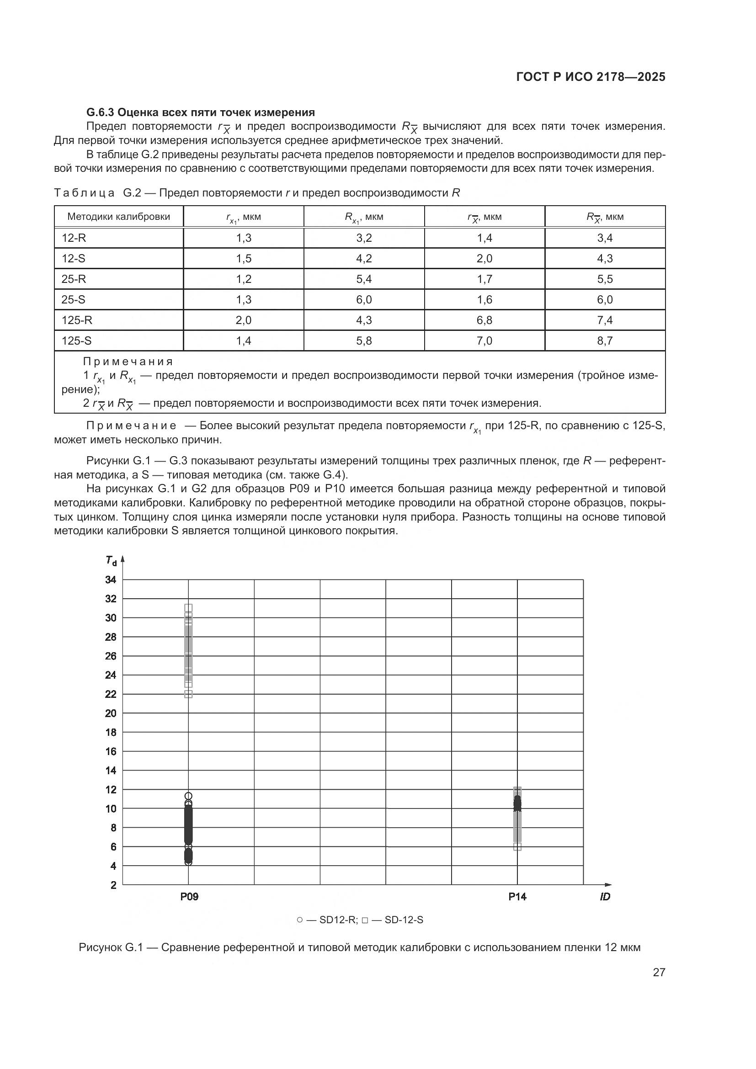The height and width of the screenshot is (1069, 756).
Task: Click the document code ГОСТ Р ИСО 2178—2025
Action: pyautogui.click(x=590, y=77)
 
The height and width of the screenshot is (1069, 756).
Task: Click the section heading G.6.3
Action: pyautogui.click(x=201, y=112)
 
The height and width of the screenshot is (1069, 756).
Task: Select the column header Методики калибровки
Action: pyautogui.click(x=119, y=217)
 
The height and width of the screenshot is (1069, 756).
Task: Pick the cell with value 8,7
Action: pyautogui.click(x=605, y=340)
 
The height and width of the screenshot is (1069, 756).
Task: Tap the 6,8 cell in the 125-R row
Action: pyautogui.click(x=484, y=320)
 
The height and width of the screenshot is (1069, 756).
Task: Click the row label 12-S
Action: pyautogui.click(x=74, y=258)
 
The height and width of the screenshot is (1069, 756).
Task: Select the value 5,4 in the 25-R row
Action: pyautogui.click(x=363, y=279)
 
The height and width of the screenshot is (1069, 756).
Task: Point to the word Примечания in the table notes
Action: pyautogui.click(x=128, y=362)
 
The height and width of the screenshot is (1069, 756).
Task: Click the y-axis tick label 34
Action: pyautogui.click(x=110, y=580)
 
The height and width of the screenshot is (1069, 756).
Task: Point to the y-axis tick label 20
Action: pyautogui.click(x=110, y=713)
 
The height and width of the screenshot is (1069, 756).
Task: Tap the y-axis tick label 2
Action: pyautogui.click(x=113, y=885)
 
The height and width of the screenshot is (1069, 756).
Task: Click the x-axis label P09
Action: pyautogui.click(x=189, y=897)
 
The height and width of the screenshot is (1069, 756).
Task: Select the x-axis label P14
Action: pyautogui.click(x=517, y=897)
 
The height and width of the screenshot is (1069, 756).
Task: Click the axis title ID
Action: pyautogui.click(x=605, y=897)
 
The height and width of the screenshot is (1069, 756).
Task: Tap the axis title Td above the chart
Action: pyautogui.click(x=111, y=561)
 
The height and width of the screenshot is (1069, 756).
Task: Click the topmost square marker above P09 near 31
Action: pyautogui.click(x=188, y=607)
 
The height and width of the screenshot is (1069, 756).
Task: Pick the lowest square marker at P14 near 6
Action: pyautogui.click(x=517, y=847)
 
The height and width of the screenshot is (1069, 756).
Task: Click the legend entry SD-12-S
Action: pyautogui.click(x=404, y=920)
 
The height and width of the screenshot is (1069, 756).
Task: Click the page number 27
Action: pyautogui.click(x=659, y=972)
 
